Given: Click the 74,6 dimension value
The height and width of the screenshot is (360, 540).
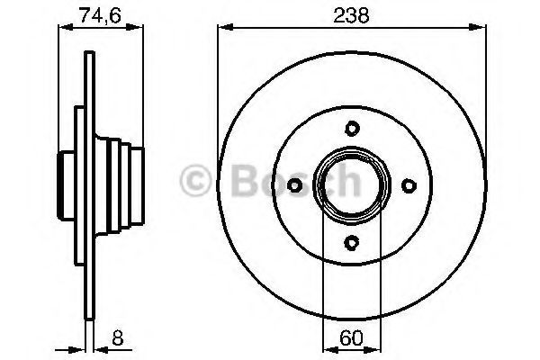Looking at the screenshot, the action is coord(100,15).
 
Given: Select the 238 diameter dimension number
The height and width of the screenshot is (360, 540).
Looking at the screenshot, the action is coord(351,15).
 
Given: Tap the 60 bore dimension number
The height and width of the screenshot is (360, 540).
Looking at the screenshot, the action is coord(351,337).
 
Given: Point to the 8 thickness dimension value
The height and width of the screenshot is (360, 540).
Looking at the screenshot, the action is coord(117,337).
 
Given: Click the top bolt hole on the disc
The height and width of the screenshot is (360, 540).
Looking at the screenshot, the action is coord(352,129).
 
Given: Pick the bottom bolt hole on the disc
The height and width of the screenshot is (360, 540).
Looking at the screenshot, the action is coord(352,242).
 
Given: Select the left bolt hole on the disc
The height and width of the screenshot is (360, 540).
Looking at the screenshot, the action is coord(295,185).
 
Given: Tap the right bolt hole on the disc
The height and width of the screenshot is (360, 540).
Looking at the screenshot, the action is coord(409,185).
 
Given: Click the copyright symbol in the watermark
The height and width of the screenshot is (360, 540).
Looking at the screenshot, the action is coord(195,180).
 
